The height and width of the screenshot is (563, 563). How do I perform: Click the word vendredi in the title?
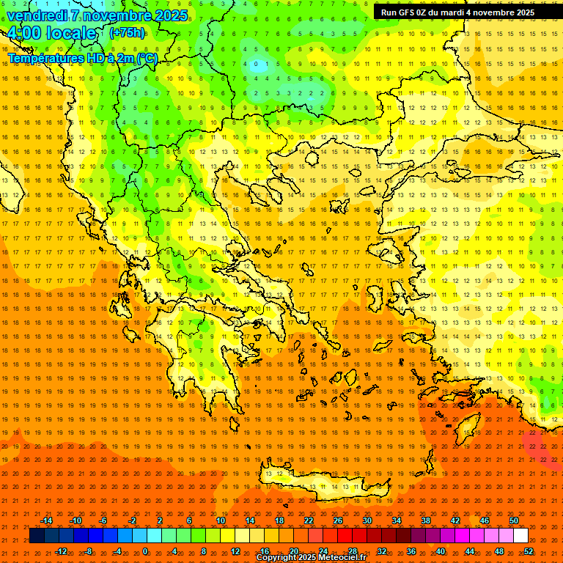pyautogui.click(x=37, y=15)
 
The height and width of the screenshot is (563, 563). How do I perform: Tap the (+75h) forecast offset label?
pyautogui.click(x=127, y=33)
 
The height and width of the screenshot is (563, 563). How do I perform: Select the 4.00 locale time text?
pyautogui.click(x=52, y=34)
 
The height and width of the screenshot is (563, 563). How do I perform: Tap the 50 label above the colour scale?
pyautogui.click(x=514, y=520)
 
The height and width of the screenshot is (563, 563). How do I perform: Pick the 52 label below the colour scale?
pyautogui.click(x=529, y=551)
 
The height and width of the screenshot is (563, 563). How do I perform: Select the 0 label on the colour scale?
pyautogui.click(x=145, y=551)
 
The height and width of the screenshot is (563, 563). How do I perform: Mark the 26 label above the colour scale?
pyautogui.click(x=338, y=520)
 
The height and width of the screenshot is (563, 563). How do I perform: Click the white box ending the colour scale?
pyautogui.click(x=520, y=536)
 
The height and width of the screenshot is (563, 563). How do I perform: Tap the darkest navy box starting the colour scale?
pyautogui.click(x=37, y=536)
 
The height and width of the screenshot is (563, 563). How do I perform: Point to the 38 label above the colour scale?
pyautogui.click(x=426, y=520)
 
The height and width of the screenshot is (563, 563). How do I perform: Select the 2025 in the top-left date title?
pyautogui.click(x=167, y=15)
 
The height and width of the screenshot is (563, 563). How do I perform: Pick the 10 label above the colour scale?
pyautogui.click(x=221, y=520)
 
